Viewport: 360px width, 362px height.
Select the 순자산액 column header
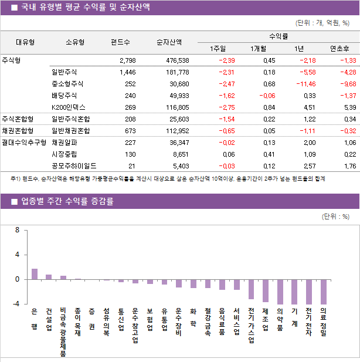coord(169,42)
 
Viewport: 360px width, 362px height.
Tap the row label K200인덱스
coord(68,107)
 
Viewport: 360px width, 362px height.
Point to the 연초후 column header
coord(339,49)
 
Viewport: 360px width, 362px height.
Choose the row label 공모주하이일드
coord(74,166)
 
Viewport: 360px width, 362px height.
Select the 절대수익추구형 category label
coord(23,142)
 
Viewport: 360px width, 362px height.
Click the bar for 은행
coord(35,274)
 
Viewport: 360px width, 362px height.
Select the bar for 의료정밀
coord(324,292)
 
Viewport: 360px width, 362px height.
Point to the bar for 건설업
coord(49,277)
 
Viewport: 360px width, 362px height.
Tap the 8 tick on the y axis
coord(17,230)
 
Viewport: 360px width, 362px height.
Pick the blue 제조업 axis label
coord(266,319)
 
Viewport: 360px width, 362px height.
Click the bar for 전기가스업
coord(251,289)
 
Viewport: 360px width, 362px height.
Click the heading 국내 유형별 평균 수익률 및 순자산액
coord(85,7)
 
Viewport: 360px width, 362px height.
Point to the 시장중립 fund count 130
coord(130,154)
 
